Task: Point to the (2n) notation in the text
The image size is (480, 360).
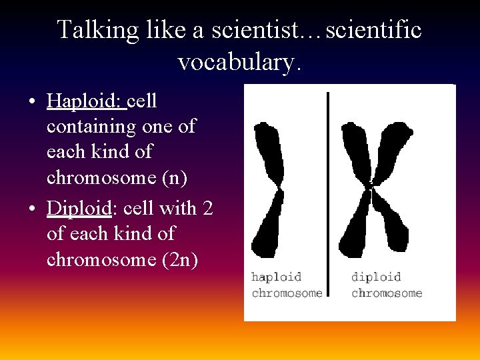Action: coord(179,259)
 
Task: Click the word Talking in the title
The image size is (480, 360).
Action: coord(97,30)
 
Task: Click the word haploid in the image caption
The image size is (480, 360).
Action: coord(276,277)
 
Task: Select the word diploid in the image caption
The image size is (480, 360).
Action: coord(376,277)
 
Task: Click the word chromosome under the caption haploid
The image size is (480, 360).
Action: coord(287,293)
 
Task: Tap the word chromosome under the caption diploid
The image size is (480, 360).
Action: coord(387,293)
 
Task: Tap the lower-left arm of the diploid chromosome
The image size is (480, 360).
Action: coord(353,230)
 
